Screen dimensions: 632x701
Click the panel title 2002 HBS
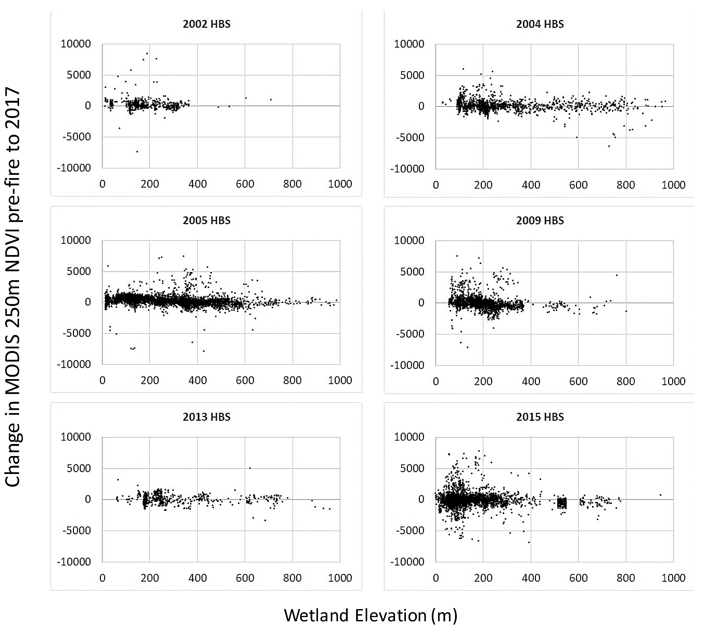tap(206, 24)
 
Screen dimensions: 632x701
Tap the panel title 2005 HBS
tap(206, 220)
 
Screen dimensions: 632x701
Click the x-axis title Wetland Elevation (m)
tap(370, 616)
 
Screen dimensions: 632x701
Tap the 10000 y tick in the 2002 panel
tap(76, 44)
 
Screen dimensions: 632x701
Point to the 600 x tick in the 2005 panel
tap(245, 380)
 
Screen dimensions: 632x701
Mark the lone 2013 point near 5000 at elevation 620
tap(250, 468)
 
